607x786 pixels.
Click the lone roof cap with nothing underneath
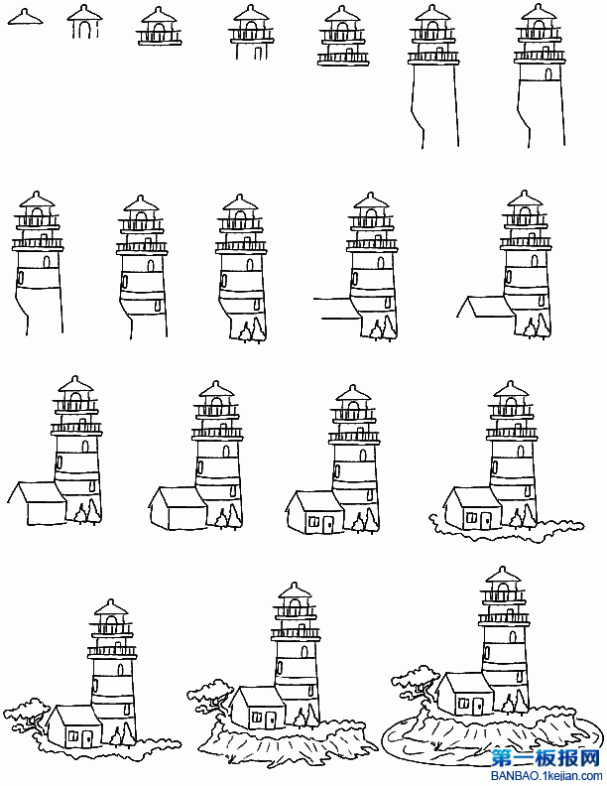tap(25, 18)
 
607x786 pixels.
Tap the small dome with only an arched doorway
tap(84, 23)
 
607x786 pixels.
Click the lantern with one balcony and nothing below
tap(159, 27)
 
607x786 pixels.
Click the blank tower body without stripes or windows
tap(434, 105)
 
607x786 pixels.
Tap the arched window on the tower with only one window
tap(548, 74)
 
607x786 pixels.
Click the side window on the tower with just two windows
tap(21, 277)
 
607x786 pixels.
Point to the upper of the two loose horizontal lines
tap(331, 299)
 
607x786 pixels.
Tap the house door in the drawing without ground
tap(327, 525)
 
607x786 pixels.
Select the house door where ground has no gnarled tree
tap(485, 520)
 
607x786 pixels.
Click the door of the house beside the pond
tap(478, 707)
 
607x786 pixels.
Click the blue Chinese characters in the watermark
tap(546, 758)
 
